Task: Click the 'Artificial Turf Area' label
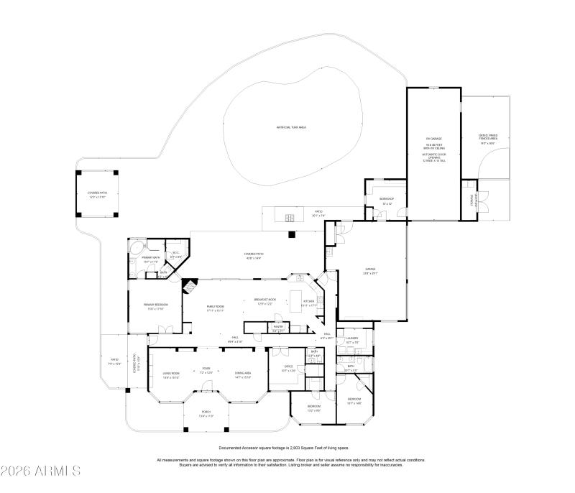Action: [x=292, y=127]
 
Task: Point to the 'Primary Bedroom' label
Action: [x=155, y=306]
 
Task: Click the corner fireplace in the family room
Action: [x=189, y=287]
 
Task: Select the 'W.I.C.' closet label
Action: [x=175, y=254]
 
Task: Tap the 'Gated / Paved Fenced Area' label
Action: [x=488, y=140]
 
